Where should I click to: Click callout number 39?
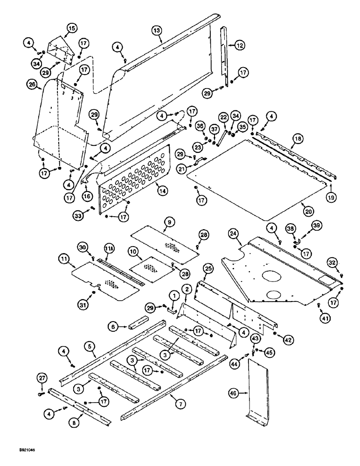pos(317,226)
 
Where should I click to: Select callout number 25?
pos(208,269)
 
